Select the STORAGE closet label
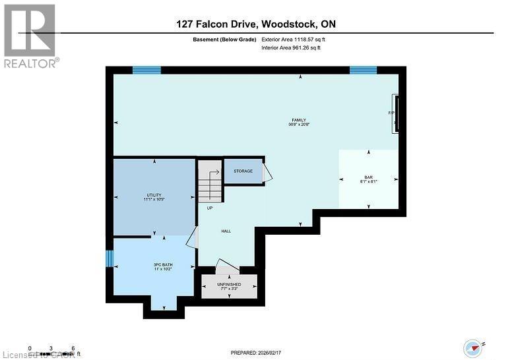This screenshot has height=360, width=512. [x=243, y=171]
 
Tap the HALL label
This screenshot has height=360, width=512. [x=226, y=231]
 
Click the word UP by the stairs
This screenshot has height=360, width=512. [x=209, y=208]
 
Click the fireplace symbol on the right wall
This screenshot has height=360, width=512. [x=395, y=114]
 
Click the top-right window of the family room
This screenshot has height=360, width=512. [x=363, y=70]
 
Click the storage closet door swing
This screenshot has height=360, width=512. [x=267, y=173]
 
